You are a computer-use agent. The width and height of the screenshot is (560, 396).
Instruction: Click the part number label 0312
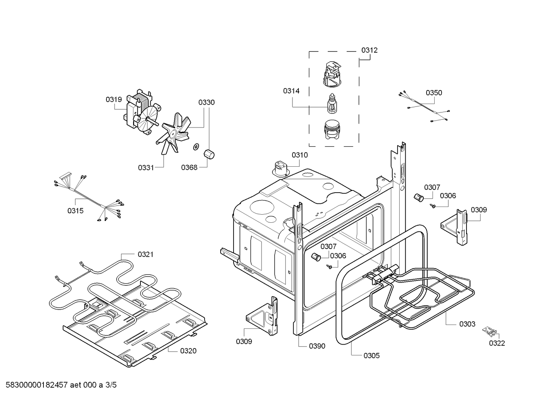point(369,50)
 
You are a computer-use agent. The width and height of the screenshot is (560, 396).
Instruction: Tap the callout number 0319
point(114,99)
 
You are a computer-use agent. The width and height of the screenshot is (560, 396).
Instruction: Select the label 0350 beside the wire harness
point(434,93)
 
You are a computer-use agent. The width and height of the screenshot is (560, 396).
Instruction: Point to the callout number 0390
point(317,346)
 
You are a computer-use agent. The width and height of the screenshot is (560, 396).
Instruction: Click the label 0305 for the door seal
point(372,355)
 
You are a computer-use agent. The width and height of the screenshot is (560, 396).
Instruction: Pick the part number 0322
point(497,343)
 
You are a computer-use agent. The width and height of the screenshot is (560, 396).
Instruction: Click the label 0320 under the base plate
point(188,351)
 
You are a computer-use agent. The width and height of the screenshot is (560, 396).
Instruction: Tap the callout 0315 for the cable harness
point(76,211)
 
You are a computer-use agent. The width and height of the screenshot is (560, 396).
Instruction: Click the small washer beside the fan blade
point(196,147)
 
